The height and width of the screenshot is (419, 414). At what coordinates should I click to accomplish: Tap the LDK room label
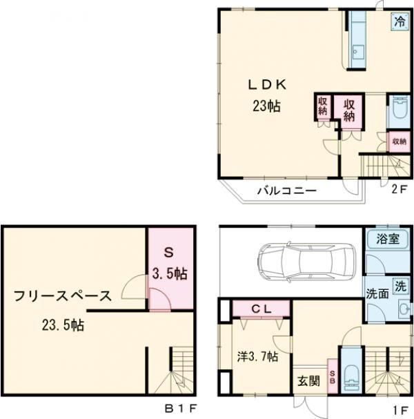click(267, 85)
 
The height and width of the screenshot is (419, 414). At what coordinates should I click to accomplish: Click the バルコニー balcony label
click(288, 191)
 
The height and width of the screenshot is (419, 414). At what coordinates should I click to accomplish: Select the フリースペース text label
click(61, 297)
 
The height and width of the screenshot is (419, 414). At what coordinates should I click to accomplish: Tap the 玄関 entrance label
click(308, 380)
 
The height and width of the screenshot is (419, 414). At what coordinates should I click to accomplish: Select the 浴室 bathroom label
click(388, 240)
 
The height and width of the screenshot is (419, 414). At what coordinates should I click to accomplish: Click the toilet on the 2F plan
click(399, 110)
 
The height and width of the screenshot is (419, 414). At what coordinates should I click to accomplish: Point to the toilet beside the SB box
click(350, 377)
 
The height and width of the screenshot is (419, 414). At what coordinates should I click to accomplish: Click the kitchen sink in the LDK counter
click(359, 51)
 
